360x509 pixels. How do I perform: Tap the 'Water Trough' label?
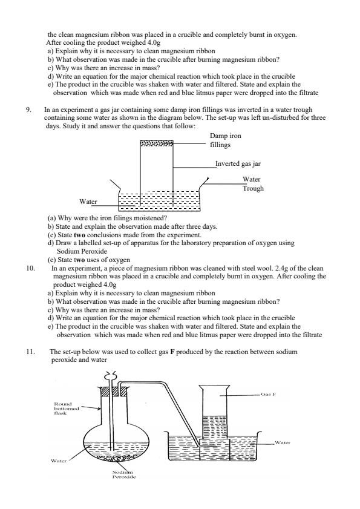tap(252, 183)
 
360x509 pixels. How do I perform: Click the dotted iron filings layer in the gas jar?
tap(156, 144)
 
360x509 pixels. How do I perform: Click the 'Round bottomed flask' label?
tap(62, 409)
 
